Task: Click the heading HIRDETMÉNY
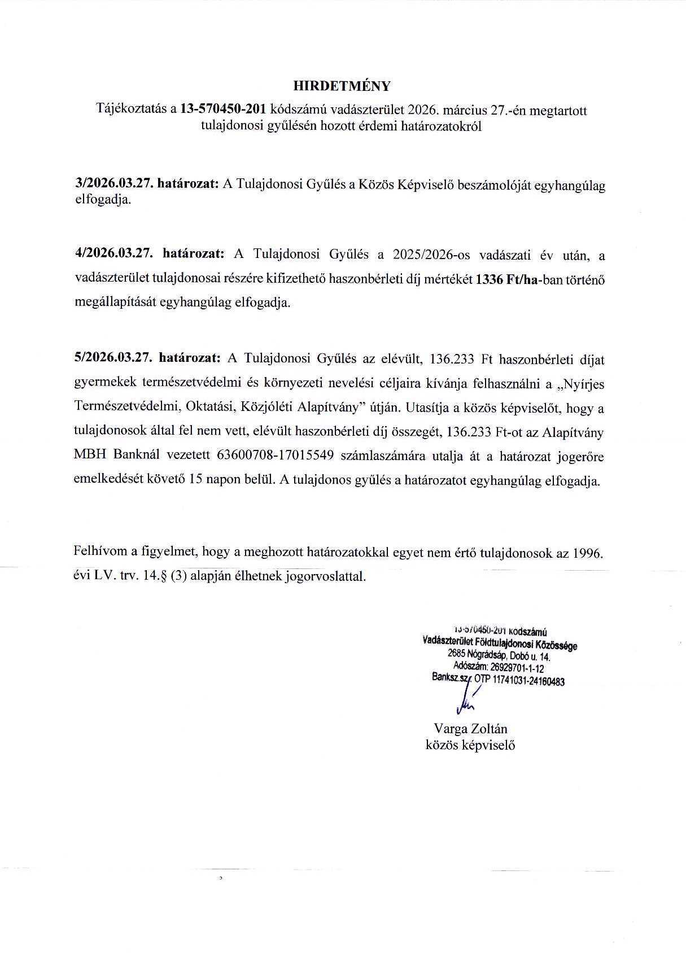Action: pos(342,86)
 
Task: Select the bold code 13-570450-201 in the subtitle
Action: pos(222,110)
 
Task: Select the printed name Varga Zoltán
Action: pos(470,728)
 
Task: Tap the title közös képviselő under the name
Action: pos(470,745)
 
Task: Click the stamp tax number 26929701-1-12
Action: pos(517,668)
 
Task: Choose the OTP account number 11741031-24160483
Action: pos(528,681)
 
